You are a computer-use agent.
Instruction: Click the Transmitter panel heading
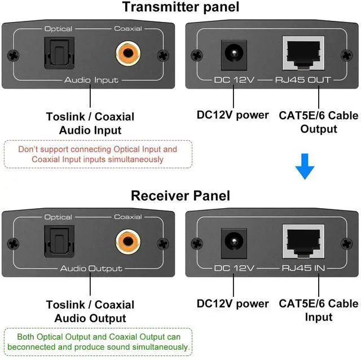point(180,8)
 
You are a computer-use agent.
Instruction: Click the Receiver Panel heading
point(180,196)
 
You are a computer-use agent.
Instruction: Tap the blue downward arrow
point(305,168)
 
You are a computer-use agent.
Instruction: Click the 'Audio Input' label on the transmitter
point(91,80)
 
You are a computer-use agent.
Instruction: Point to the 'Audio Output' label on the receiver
point(91,269)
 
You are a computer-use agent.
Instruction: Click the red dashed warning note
point(98,154)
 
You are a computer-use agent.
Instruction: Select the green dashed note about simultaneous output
point(98,342)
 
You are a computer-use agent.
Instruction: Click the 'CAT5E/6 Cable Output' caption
point(318,122)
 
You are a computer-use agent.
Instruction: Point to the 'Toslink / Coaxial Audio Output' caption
point(90,311)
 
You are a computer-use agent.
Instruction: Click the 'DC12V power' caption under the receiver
point(232,304)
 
